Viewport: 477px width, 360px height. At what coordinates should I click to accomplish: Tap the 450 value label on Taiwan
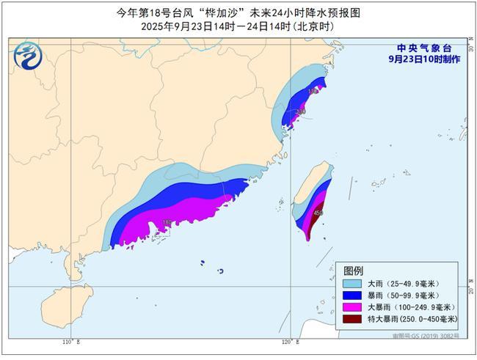318,213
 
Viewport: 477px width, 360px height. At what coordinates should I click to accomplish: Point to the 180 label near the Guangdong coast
167,221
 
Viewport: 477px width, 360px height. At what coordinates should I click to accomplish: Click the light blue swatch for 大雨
352,282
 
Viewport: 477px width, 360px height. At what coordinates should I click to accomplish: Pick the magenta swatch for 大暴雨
352,307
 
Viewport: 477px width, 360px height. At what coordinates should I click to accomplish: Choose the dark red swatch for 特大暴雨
352,319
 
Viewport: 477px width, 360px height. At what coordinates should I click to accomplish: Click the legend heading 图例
354,270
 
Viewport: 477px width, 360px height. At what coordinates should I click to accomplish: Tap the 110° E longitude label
70,342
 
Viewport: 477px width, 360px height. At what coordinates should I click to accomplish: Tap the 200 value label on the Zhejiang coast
301,111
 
